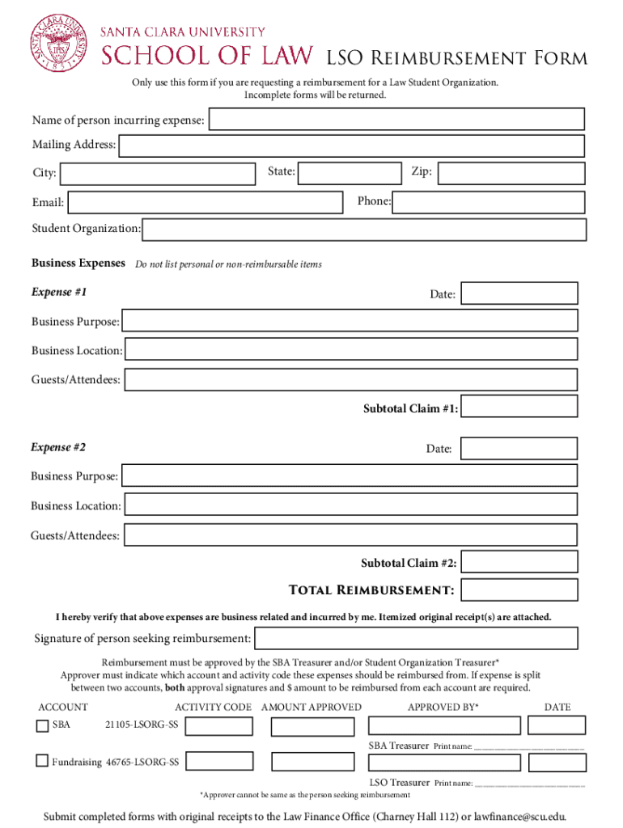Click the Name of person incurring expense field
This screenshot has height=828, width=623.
396,120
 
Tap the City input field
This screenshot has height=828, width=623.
157,174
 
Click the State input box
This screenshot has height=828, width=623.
350,172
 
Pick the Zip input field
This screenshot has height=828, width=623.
511,173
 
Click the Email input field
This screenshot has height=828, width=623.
206,202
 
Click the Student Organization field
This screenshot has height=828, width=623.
364,230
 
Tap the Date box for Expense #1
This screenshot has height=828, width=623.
519,294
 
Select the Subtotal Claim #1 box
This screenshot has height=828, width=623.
519,407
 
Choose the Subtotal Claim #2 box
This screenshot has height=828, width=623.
519,563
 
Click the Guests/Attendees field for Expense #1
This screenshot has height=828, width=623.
351,379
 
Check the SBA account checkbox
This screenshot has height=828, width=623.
43,726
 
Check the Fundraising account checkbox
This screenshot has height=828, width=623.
43,761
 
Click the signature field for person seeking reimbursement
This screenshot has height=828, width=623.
416,638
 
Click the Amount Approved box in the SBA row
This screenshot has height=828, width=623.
312,727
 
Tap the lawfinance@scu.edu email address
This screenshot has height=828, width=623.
520,817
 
